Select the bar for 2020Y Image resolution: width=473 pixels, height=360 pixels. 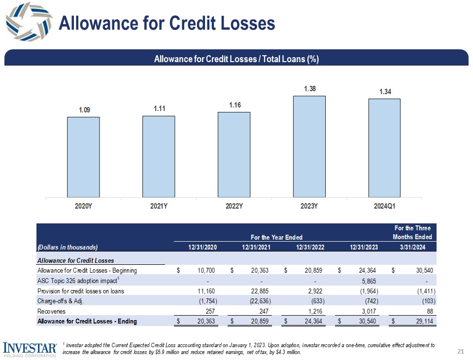(x=83, y=157)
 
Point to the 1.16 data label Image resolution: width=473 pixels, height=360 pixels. (x=234, y=105)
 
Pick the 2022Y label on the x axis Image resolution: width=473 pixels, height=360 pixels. (x=234, y=208)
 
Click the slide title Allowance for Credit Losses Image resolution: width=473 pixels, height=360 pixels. (x=167, y=23)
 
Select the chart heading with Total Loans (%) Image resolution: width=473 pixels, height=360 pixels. (x=236, y=59)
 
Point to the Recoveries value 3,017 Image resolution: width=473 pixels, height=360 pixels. (x=367, y=311)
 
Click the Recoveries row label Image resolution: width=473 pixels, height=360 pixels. (x=50, y=311)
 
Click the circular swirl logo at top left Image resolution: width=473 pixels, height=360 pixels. (x=28, y=21)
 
